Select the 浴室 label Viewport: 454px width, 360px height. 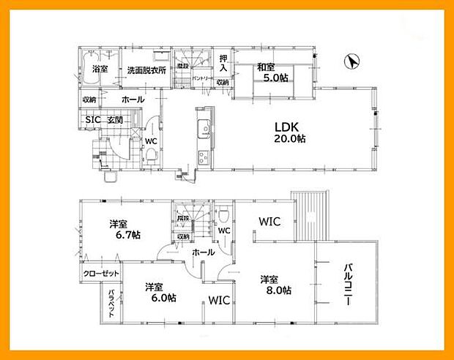(x=100, y=70)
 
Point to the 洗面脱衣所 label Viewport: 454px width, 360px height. (x=146, y=70)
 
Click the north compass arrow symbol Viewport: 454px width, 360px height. (x=351, y=63)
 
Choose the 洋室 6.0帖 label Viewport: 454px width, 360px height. (x=158, y=292)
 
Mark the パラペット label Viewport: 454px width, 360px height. (x=111, y=303)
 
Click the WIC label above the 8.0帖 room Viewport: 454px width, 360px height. (x=267, y=220)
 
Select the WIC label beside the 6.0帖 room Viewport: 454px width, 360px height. (x=220, y=300)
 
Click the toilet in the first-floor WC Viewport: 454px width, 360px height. (x=150, y=155)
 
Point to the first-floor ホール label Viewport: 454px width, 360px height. (x=133, y=99)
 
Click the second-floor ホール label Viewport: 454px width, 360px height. (x=203, y=252)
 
